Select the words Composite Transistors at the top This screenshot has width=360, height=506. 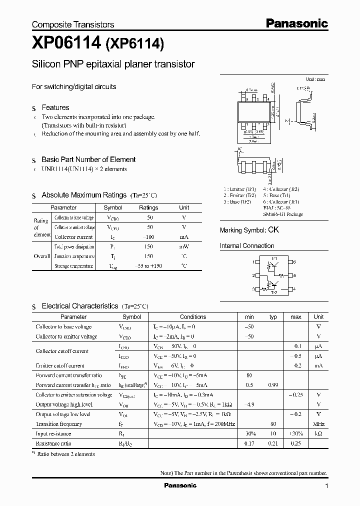[x=73, y=24]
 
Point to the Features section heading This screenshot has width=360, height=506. [x=55, y=107]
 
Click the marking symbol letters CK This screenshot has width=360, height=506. [x=273, y=230]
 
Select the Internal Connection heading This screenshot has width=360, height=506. [x=247, y=246]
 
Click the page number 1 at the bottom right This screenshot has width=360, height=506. [x=326, y=486]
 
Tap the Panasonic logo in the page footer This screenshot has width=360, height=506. [x=180, y=485]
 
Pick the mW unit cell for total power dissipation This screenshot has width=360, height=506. [x=184, y=247]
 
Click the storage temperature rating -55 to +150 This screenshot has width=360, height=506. [x=148, y=266]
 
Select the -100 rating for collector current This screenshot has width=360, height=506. [x=148, y=237]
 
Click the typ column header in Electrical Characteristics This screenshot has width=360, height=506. [x=273, y=316]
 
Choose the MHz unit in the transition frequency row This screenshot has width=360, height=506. [x=318, y=424]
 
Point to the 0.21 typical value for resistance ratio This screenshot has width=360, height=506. [x=273, y=443]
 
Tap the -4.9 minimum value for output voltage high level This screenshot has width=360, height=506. [x=249, y=404]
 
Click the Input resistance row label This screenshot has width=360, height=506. [x=53, y=434]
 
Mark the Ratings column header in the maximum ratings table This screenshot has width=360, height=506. [x=148, y=207]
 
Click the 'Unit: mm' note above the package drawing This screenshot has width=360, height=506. [x=315, y=79]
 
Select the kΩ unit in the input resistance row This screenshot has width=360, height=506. [x=318, y=434]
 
